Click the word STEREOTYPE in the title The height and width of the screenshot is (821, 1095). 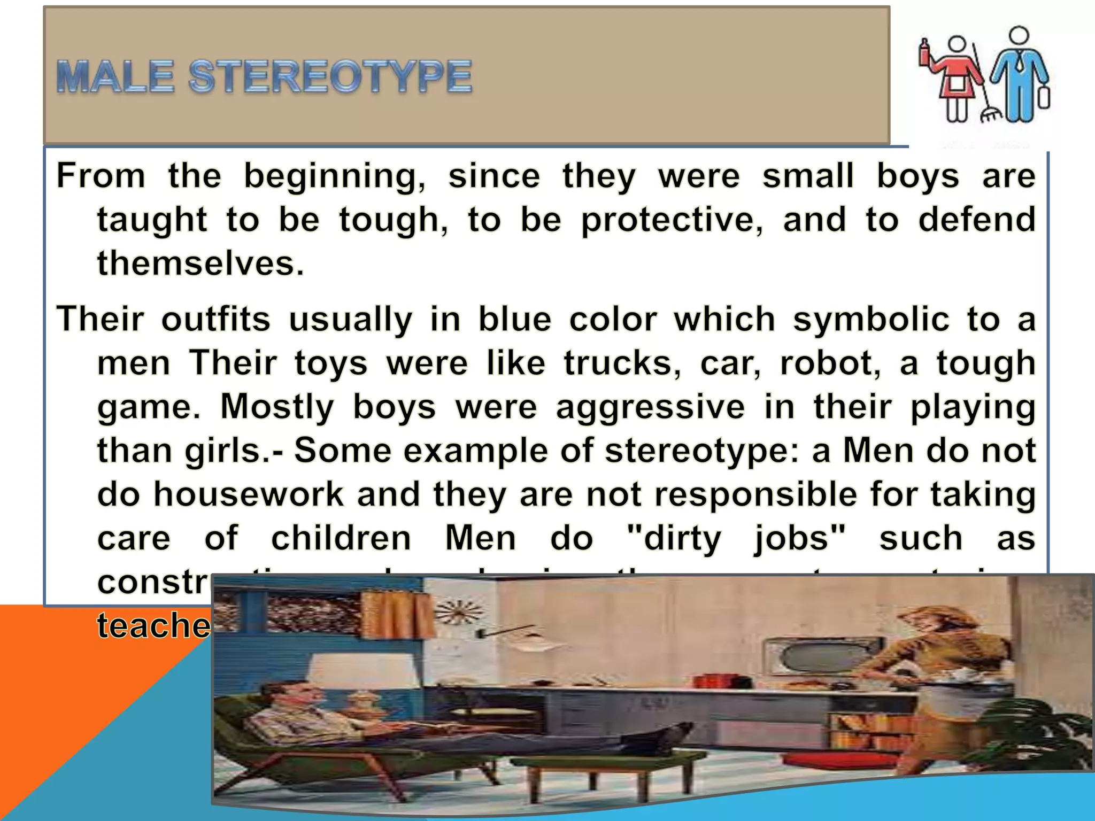[x=330, y=77]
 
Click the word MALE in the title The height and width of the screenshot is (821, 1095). [x=115, y=77]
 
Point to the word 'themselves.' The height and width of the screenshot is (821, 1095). [x=201, y=264]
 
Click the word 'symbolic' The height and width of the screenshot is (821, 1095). [x=870, y=320]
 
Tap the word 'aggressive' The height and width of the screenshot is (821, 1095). [x=650, y=407]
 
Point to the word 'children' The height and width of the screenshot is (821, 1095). [x=341, y=538]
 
